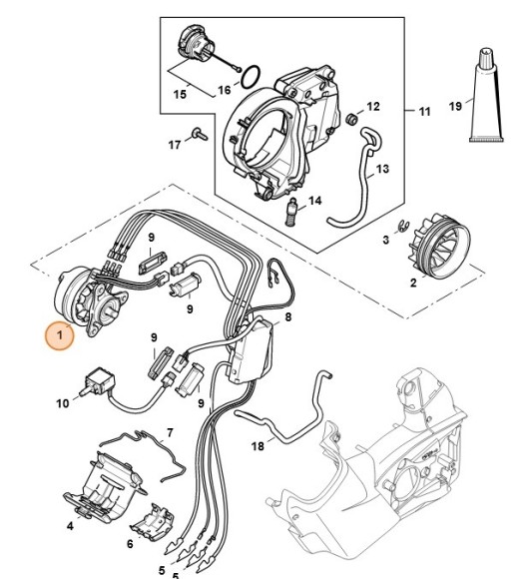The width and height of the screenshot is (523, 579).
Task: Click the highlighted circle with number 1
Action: point(58,337)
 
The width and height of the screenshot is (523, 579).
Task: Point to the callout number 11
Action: point(424,112)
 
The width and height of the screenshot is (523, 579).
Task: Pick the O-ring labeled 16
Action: point(254,74)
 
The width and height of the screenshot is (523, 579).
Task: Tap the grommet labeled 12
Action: point(352,122)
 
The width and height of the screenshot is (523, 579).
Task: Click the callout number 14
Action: point(315,202)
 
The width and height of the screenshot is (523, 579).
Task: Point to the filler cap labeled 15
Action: point(191,45)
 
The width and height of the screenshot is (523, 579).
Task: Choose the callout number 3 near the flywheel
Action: point(385,241)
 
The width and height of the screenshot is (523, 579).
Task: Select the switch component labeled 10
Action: point(101,381)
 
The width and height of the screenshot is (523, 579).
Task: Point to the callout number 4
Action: point(71,525)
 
